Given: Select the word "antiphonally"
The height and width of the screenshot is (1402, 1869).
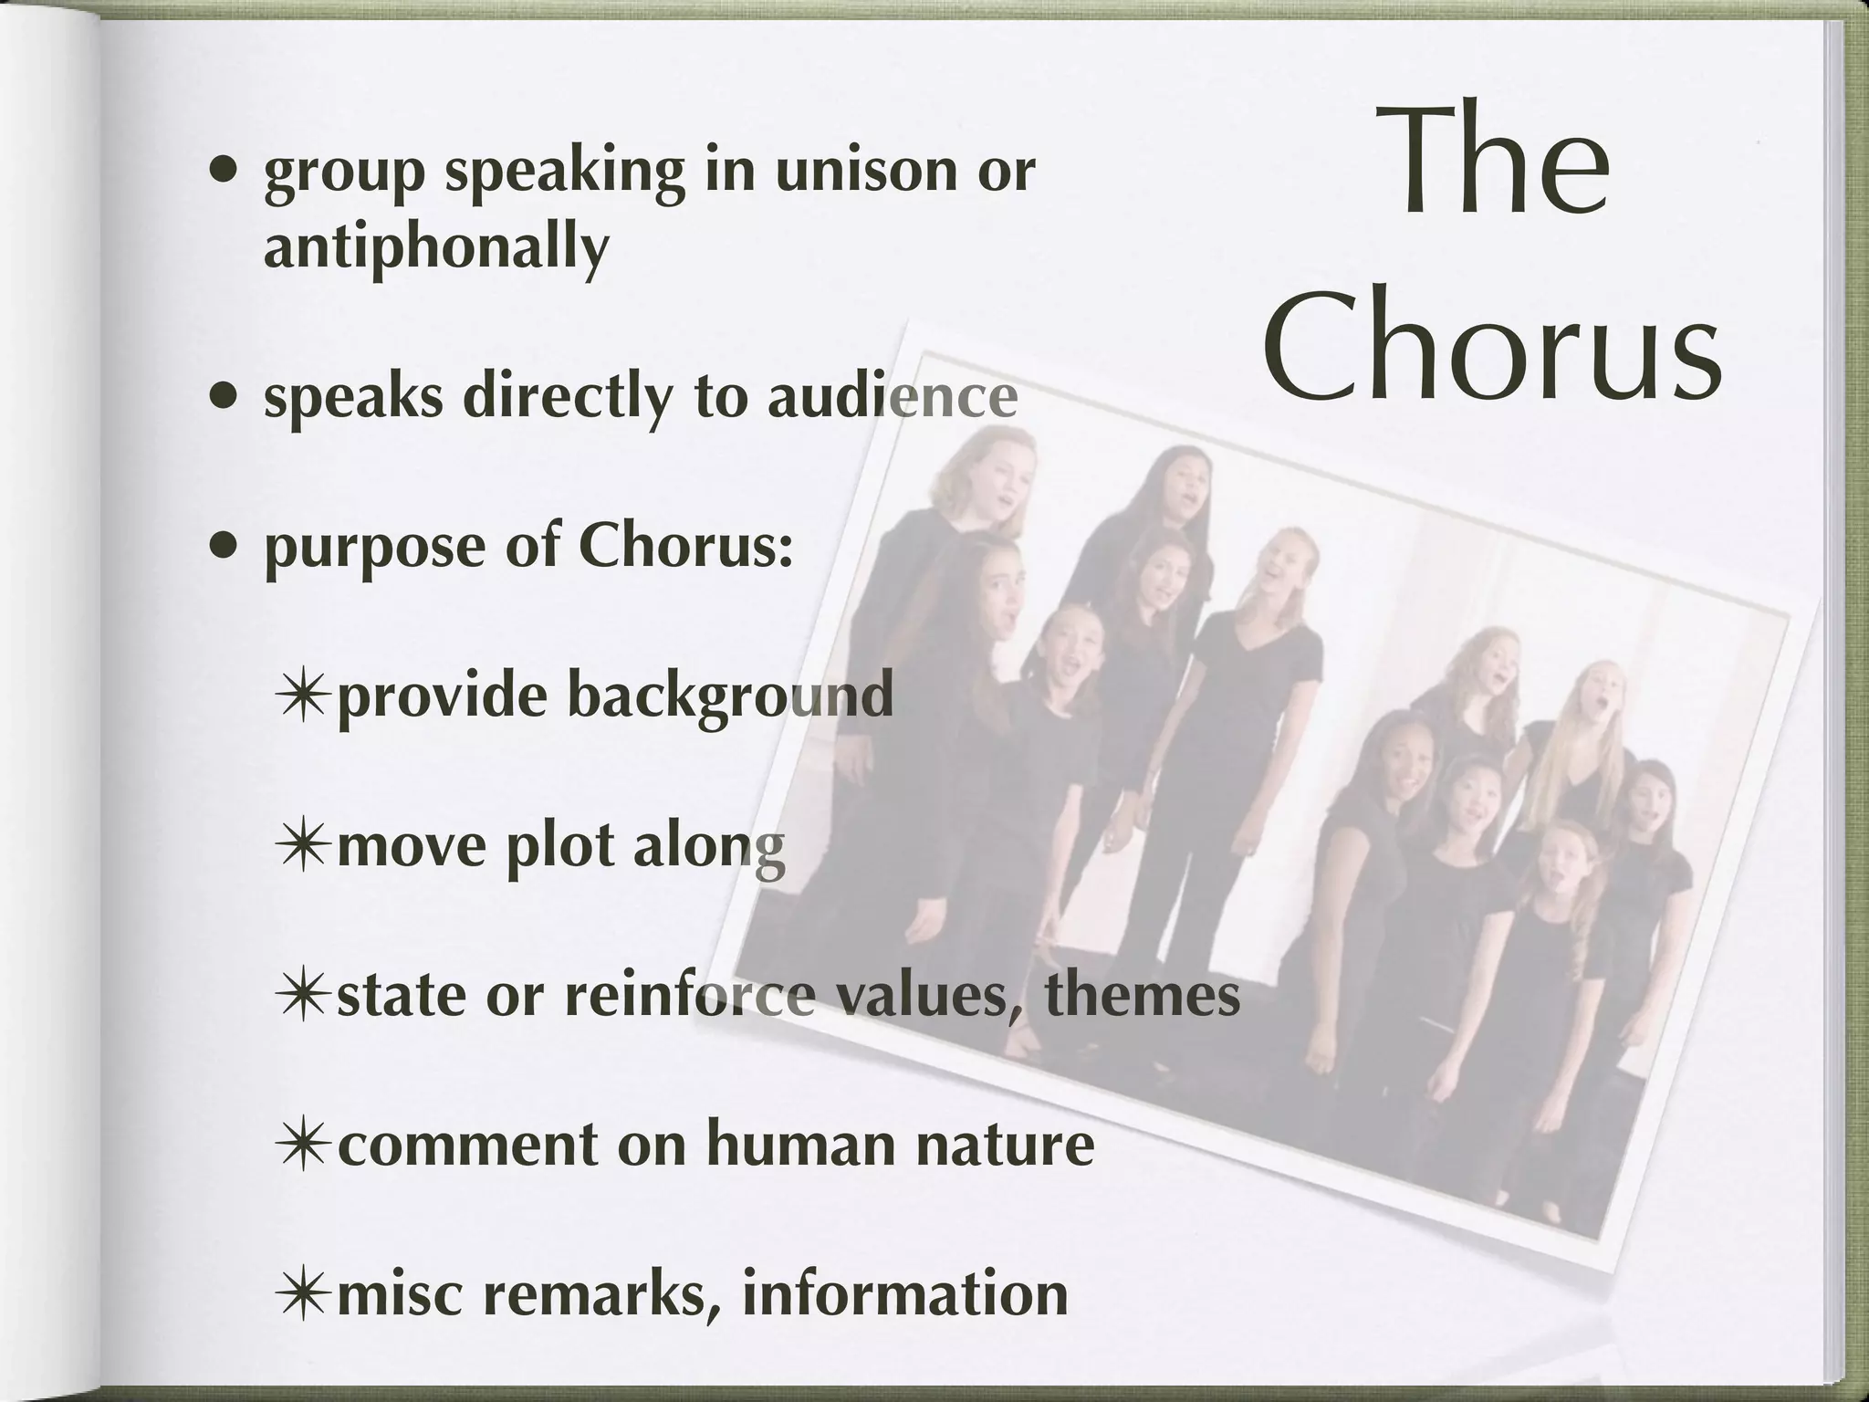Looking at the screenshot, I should pyautogui.click(x=436, y=246).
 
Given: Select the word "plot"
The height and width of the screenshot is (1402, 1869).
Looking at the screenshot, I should pyautogui.click(x=559, y=846).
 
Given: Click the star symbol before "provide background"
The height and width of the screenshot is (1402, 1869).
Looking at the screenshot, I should pyautogui.click(x=302, y=696).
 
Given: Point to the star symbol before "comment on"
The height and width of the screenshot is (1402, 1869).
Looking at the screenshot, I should pyautogui.click(x=302, y=1144).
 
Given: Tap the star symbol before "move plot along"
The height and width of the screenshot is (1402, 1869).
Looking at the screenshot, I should pyautogui.click(x=302, y=846).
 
